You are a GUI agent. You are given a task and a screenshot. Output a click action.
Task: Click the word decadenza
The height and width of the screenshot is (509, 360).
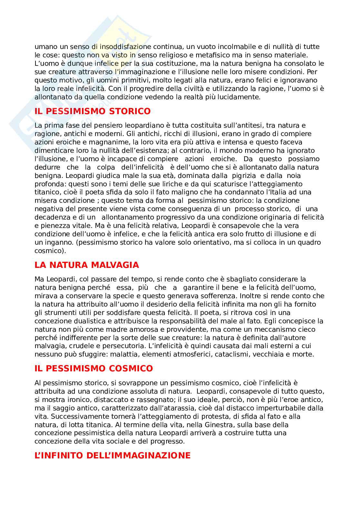pos(51,218)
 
